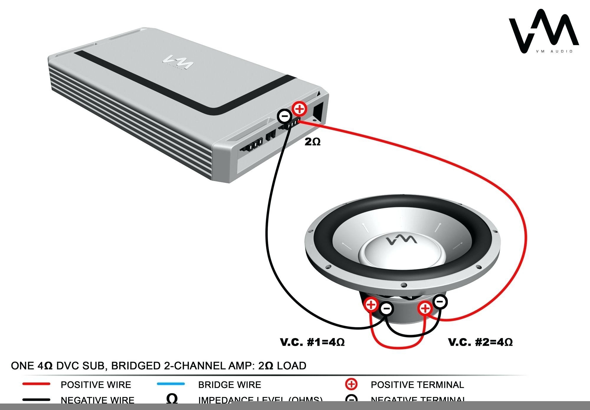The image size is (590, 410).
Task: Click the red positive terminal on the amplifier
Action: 299,109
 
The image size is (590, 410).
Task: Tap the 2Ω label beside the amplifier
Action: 313,142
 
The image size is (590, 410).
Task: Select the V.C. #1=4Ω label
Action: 312,342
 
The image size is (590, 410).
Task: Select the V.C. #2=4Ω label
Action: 481,342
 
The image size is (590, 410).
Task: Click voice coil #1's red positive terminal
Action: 371,304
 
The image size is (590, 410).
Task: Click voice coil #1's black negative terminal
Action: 387,309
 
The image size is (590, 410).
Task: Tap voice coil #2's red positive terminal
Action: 425,309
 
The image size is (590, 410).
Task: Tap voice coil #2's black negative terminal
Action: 440,302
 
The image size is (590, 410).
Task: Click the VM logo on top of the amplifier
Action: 178,61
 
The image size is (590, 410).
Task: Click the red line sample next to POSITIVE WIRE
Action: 36,384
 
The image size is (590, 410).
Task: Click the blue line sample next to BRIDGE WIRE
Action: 171,384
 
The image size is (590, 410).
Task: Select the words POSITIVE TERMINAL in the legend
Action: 417,385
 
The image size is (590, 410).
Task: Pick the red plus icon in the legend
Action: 351,384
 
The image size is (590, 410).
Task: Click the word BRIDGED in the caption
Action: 135,366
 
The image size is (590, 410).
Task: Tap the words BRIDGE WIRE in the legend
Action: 230,385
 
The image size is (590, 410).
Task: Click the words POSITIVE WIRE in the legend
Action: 96,385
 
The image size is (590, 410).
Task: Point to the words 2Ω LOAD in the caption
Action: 282,366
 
